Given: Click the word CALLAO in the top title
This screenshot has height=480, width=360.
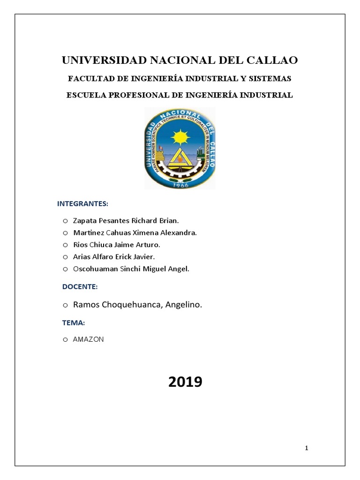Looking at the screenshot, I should click(x=270, y=60).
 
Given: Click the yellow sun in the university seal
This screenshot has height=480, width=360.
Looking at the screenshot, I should click(x=179, y=137).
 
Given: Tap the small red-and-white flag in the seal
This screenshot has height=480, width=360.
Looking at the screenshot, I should click(x=159, y=149).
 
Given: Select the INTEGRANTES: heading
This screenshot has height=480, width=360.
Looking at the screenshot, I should click(x=82, y=203).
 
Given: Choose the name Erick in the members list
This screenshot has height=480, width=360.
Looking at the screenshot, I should click(x=122, y=257).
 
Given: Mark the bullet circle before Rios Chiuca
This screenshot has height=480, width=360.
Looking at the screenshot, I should click(x=65, y=245).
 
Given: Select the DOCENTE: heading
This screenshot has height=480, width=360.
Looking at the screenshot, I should click(x=80, y=286).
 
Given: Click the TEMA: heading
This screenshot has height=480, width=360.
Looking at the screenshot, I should click(x=74, y=322).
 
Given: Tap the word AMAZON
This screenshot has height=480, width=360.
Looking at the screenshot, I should click(x=89, y=339).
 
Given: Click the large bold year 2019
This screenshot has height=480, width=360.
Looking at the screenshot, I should click(x=185, y=382).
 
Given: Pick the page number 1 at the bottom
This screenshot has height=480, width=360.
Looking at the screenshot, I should click(x=307, y=449).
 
